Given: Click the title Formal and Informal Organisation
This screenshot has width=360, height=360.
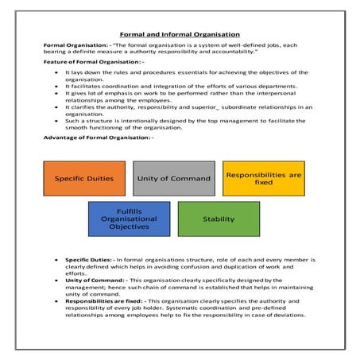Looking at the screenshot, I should pyautogui.click(x=179, y=34).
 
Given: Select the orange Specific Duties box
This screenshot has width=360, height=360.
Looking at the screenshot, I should pyautogui.click(x=83, y=178).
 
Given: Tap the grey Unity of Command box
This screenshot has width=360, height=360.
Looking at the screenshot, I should pyautogui.click(x=173, y=178).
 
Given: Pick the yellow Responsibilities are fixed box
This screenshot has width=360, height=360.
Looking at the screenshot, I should pyautogui.click(x=263, y=178).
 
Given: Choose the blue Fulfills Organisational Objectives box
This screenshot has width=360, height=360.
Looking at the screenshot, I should pyautogui.click(x=128, y=219).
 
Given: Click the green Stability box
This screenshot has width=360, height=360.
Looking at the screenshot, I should pyautogui.click(x=218, y=219).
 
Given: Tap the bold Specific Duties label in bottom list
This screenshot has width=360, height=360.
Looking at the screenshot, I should pyautogui.click(x=88, y=259).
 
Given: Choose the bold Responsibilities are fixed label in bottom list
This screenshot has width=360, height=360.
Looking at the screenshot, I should pyautogui.click(x=104, y=301).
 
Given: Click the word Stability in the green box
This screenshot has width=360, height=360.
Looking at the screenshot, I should pyautogui.click(x=218, y=219).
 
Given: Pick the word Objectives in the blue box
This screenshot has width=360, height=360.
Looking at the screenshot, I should pyautogui.click(x=128, y=227).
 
